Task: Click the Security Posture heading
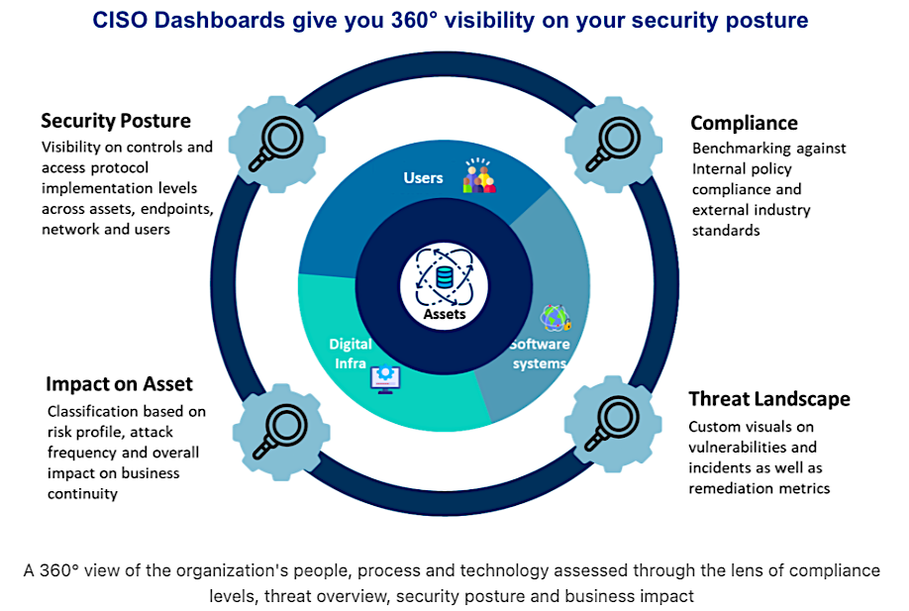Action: (x=116, y=121)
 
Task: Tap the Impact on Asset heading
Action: (x=119, y=383)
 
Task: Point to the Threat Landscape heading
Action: (x=768, y=399)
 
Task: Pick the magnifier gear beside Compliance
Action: (x=610, y=140)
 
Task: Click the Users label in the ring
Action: (x=423, y=178)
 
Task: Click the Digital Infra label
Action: (x=351, y=354)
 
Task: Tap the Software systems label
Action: (x=540, y=354)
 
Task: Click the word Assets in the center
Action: (x=445, y=315)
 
